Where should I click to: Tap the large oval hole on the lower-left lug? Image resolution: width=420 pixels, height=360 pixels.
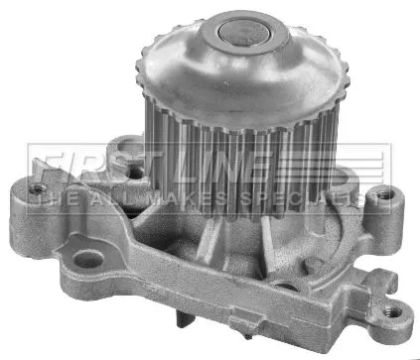click(88, 260)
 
